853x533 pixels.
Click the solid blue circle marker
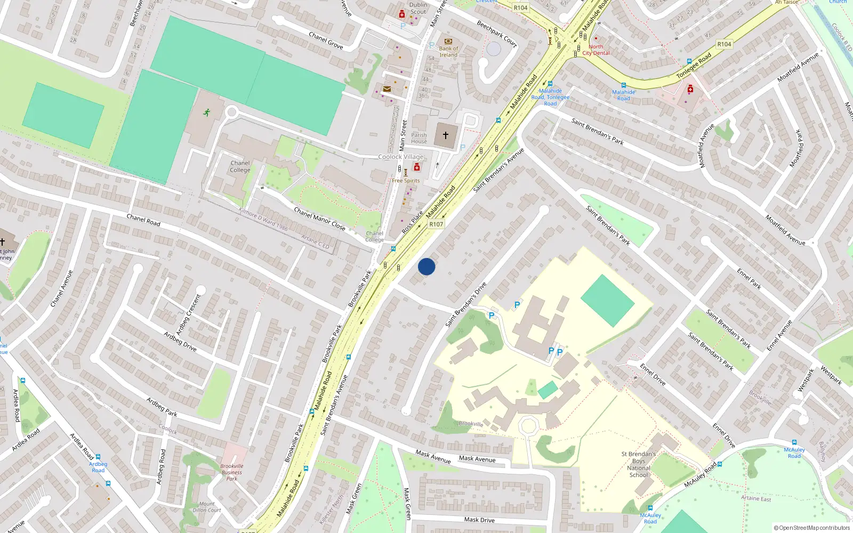coord(426,266)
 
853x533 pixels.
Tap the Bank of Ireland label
coord(448,52)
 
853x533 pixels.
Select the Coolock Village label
coord(401,157)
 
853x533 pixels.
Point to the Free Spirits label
coord(406,181)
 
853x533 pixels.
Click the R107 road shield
coord(436,224)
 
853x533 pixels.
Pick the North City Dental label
coord(596,50)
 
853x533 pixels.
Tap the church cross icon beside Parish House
coord(446,135)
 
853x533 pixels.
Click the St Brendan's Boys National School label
coord(639,464)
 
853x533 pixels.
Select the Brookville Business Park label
coord(232,472)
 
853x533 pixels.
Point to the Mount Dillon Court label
coord(207,507)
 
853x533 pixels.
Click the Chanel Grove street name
coord(326,41)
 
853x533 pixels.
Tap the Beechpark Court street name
coord(497,34)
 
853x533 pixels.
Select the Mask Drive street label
coord(479,520)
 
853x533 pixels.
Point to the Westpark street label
coord(831,375)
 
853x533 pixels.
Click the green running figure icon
coord(207,112)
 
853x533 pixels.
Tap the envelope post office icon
coord(387,89)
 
